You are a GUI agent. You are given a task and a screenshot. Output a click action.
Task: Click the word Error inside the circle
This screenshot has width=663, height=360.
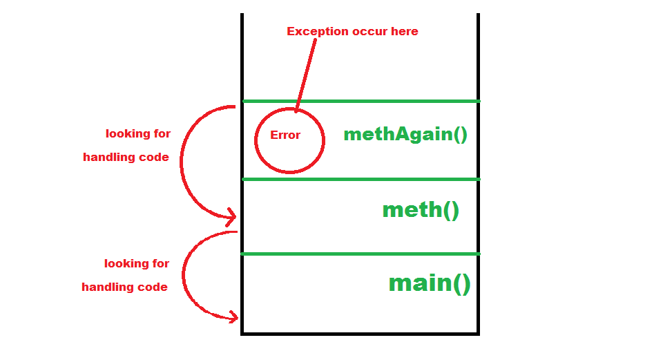click(x=285, y=135)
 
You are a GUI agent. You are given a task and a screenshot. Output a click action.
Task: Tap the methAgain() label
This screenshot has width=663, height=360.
click(x=405, y=134)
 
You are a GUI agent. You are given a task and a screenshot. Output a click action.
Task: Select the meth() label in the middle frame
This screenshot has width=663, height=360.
click(x=420, y=209)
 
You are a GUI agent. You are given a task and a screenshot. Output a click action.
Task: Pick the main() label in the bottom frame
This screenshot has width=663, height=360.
click(x=429, y=283)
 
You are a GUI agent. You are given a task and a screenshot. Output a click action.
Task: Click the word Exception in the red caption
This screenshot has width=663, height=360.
click(x=315, y=31)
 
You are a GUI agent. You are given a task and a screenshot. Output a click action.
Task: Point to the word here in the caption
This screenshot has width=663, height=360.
click(x=405, y=31)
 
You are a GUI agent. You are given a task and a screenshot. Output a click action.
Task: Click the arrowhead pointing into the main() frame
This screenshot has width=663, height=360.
click(x=233, y=317)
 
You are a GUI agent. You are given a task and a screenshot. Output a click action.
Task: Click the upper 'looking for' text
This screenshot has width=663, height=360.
click(x=138, y=133)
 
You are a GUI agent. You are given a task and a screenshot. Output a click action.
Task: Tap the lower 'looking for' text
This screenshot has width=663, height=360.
click(x=137, y=263)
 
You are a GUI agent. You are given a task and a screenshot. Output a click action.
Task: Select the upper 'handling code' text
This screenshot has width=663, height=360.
click(x=126, y=157)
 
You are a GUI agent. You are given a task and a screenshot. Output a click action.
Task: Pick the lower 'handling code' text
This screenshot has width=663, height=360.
click(x=124, y=287)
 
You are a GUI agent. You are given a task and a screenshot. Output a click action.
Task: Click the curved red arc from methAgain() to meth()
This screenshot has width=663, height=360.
click(x=182, y=162)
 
